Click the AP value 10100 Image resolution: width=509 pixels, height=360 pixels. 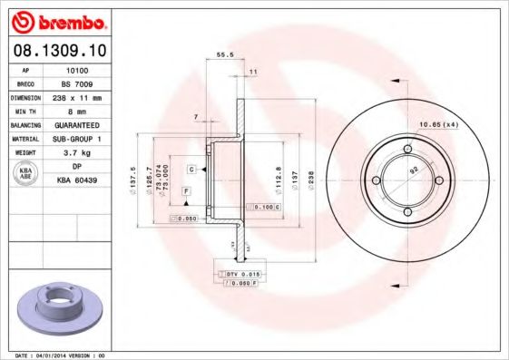pos(78,68)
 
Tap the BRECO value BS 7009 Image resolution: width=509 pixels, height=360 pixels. pos(78,83)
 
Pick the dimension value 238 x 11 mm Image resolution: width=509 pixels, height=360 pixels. pos(78,96)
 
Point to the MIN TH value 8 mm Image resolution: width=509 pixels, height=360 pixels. pos(78,110)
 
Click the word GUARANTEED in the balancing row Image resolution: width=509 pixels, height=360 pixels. pos(78,124)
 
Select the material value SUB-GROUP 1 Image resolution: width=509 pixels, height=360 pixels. pos(78,138)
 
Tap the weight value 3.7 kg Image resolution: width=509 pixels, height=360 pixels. pos(78,152)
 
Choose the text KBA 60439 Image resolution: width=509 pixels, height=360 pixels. pos(78,180)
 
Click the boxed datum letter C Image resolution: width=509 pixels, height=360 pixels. pos(191,170)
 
